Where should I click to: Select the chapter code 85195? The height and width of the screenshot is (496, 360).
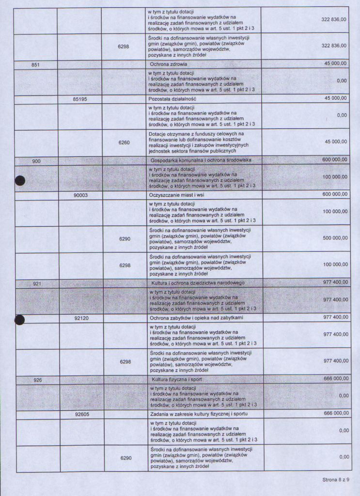point(80,98)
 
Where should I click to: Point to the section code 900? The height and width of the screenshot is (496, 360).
point(36,160)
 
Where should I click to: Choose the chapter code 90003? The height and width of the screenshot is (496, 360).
point(81,194)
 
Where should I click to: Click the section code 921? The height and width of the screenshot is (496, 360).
point(37,283)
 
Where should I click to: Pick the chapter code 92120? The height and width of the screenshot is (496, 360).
point(81,318)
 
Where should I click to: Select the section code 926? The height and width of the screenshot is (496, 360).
point(38,380)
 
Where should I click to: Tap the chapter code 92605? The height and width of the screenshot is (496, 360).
point(82,415)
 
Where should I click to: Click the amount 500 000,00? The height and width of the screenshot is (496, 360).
point(335,238)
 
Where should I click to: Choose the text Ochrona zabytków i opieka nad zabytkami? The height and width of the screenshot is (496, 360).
point(196,318)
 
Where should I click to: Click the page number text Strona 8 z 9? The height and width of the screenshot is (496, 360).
point(339,480)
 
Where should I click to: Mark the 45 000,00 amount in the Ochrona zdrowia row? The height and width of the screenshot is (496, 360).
point(335,63)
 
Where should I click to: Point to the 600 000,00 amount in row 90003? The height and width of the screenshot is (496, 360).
point(335,194)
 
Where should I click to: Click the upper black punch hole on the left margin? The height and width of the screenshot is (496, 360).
point(19,181)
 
